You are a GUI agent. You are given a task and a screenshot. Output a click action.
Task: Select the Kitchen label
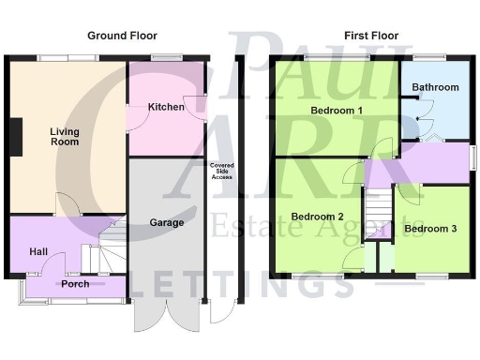[x=166, y=108]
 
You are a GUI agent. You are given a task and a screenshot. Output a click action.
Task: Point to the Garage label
[x=166, y=223]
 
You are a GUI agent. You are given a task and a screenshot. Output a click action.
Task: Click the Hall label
[x=25, y=251]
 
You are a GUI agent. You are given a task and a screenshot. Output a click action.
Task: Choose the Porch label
[x=75, y=283]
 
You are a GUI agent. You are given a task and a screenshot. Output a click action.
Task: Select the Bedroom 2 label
[x=317, y=217]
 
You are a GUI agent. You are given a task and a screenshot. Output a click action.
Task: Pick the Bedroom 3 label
[x=431, y=228]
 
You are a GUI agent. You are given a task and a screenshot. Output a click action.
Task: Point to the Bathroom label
[x=437, y=87]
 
